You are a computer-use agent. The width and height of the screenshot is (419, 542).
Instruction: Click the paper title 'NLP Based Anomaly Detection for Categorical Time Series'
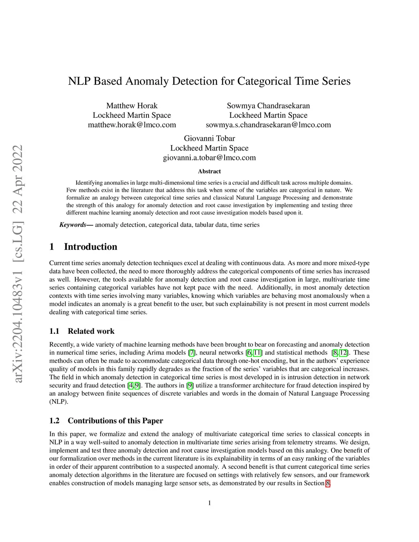point(209,81)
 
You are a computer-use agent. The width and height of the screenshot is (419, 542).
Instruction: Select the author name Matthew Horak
point(132,106)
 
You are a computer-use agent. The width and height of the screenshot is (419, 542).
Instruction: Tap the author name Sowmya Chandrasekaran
point(268,106)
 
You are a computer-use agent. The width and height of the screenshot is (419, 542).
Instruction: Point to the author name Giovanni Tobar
point(209,138)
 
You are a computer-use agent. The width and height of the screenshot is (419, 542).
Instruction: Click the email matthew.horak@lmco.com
point(132,125)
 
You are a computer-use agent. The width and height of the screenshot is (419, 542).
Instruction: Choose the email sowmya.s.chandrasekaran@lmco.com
point(268,125)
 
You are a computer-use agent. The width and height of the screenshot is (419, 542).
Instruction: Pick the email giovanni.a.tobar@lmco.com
point(209,157)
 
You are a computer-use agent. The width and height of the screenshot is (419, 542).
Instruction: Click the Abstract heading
point(209,171)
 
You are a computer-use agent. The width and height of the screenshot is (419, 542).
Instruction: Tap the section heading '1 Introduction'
point(83,247)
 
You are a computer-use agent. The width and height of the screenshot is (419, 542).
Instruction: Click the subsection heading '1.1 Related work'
point(82,331)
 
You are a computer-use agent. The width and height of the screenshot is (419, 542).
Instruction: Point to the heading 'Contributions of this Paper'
point(115,421)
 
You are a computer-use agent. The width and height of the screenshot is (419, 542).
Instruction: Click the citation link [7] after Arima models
point(191,353)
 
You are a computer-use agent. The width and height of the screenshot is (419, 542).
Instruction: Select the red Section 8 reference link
point(327,483)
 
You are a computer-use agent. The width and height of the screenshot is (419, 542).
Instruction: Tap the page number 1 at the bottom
point(209,503)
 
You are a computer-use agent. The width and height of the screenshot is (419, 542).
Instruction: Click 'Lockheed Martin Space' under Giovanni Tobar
point(209,148)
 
